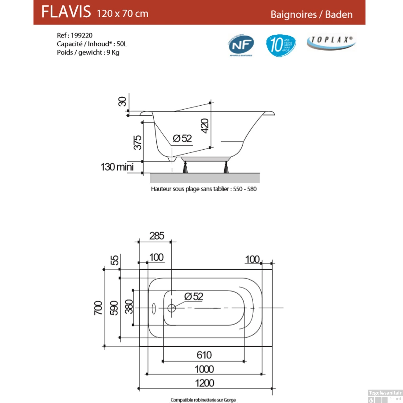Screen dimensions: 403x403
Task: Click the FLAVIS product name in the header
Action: (x=66, y=12)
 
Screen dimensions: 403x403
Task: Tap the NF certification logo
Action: (x=241, y=45)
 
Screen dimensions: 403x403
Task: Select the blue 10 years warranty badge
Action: (x=281, y=45)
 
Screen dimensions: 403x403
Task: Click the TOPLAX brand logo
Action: (x=331, y=42)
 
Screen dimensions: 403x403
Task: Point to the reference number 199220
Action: (x=82, y=35)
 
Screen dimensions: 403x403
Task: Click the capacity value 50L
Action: (x=122, y=44)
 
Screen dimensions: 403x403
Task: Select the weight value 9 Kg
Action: (x=113, y=52)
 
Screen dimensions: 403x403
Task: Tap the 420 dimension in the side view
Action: (x=205, y=126)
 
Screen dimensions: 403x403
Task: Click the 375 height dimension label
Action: (x=138, y=142)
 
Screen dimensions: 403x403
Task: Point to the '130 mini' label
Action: (x=117, y=167)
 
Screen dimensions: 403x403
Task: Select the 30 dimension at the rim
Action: (x=122, y=102)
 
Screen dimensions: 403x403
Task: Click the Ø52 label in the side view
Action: (x=182, y=139)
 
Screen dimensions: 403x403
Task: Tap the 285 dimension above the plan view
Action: (x=157, y=236)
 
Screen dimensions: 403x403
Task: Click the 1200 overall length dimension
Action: (x=204, y=383)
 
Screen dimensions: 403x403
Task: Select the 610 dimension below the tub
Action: (x=204, y=355)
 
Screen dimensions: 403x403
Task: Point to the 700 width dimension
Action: (x=98, y=308)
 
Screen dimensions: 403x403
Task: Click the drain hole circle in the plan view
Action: (x=171, y=308)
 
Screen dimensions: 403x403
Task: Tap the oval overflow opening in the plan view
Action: (x=154, y=308)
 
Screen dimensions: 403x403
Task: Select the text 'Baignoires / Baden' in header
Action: (x=311, y=15)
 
